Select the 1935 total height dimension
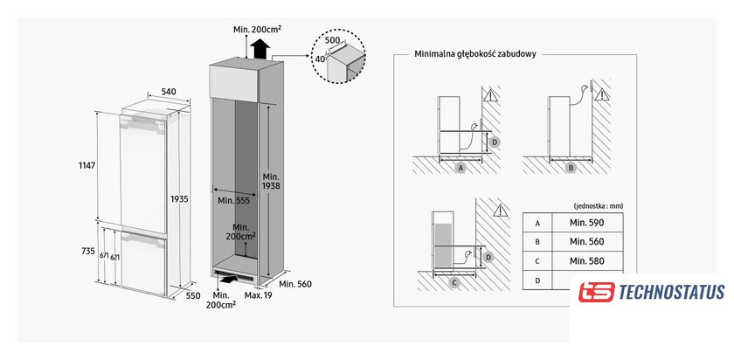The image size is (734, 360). coord(179,199)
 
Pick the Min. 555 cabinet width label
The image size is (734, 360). coord(234,199)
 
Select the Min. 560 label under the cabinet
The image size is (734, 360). coord(295,284)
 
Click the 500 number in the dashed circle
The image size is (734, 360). coord(333,40)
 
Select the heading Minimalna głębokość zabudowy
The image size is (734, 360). coord(475,53)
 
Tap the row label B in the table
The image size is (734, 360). coord(538,241)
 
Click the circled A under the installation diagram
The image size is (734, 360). coord(460,166)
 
